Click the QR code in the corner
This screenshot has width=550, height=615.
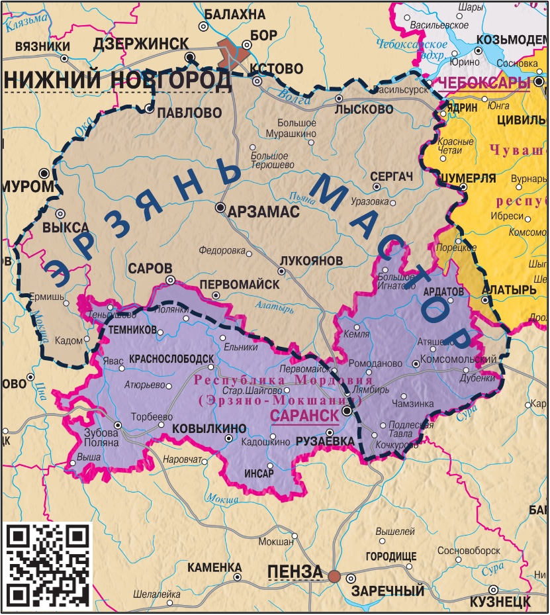click(48, 564)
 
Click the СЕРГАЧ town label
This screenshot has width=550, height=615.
click(392, 177)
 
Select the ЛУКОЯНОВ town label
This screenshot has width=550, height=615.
click(311, 261)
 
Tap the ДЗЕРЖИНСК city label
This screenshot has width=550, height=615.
click(141, 44)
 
